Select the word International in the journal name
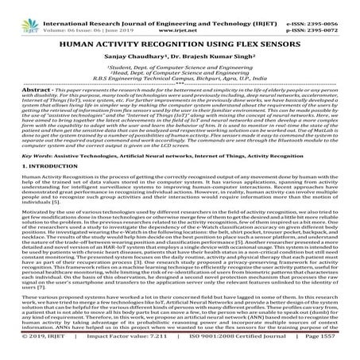click(68, 5)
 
